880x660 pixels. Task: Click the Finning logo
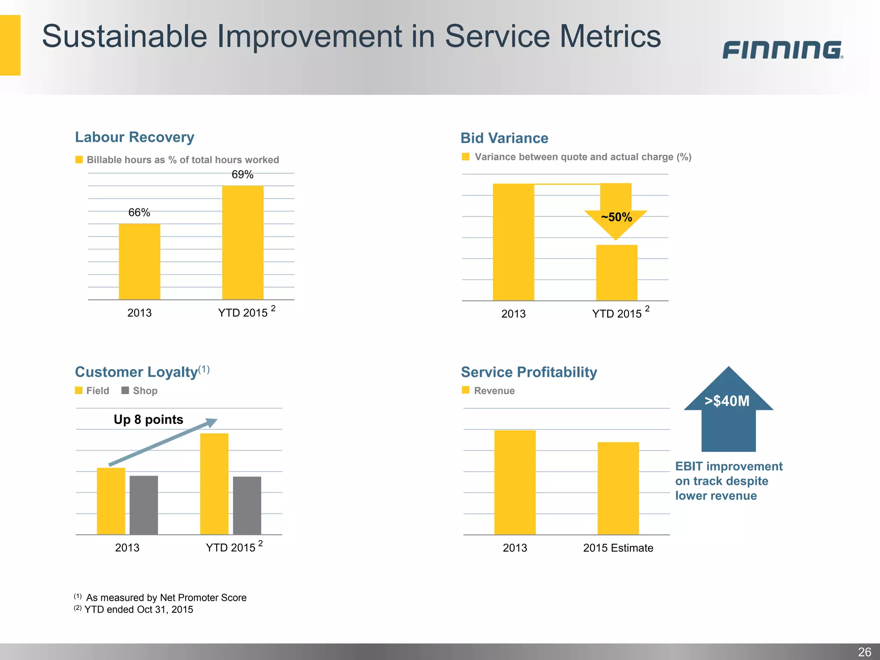pos(782,50)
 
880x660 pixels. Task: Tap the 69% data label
pos(242,174)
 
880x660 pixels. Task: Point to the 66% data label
pos(139,212)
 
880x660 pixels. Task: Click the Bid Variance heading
pos(504,138)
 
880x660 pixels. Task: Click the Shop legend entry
pos(140,391)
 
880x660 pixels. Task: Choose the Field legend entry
pos(92,391)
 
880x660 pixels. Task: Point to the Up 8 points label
pos(148,419)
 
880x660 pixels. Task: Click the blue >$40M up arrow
pos(728,410)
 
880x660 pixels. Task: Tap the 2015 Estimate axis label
pos(618,548)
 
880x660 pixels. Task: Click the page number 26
pos(864,652)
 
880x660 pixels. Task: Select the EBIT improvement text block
pos(728,481)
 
